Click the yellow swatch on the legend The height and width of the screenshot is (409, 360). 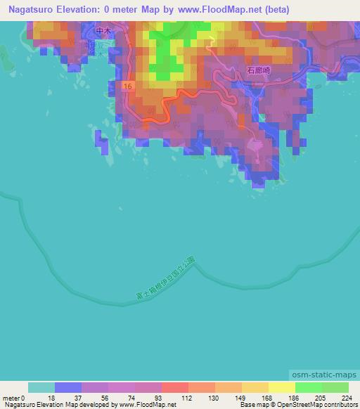coord(281,387)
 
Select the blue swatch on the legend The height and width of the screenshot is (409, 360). coord(68,387)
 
